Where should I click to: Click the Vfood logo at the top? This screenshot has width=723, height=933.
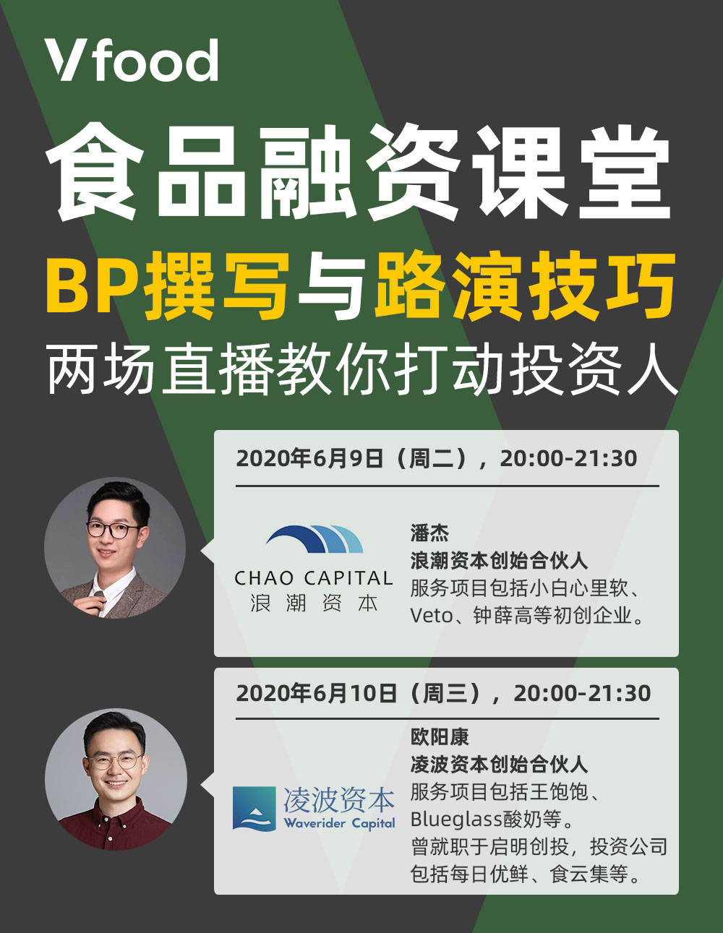tap(132, 60)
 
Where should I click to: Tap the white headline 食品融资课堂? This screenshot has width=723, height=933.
tap(359, 172)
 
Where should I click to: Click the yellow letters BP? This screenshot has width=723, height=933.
tap(95, 285)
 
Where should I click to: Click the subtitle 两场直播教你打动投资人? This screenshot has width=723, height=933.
tap(362, 369)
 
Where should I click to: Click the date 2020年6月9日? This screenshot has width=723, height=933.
tap(309, 459)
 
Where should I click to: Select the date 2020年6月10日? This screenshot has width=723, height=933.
tap(317, 693)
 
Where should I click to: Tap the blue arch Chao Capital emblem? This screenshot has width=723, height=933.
tap(315, 538)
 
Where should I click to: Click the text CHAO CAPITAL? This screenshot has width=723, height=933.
tap(313, 578)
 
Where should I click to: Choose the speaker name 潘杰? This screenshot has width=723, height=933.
tap(429, 533)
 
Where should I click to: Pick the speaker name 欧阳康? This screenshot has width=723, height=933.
tap(439, 737)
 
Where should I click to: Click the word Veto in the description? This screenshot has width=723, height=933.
tap(432, 616)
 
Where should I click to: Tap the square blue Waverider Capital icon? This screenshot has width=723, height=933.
tap(254, 809)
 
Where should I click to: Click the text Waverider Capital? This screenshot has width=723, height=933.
tap(339, 824)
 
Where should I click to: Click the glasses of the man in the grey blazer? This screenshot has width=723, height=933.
tap(113, 530)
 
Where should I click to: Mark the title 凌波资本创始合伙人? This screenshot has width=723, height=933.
tap(499, 765)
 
